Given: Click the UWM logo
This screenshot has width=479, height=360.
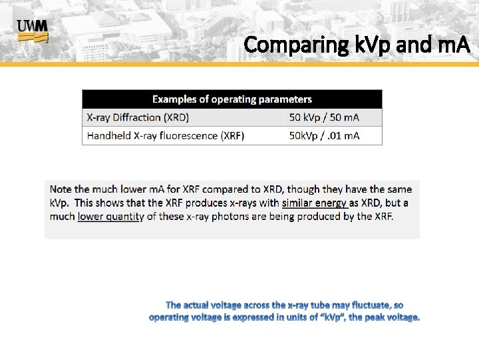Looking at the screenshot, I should pyautogui.click(x=32, y=31).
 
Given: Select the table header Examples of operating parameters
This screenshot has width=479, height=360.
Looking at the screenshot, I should pyautogui.click(x=232, y=99).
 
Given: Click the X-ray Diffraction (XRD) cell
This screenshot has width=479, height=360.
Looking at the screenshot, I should pyautogui.click(x=138, y=117).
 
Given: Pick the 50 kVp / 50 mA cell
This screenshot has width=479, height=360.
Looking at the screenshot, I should pyautogui.click(x=324, y=117).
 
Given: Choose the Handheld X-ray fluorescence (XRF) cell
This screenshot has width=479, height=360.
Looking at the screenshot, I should pyautogui.click(x=166, y=135).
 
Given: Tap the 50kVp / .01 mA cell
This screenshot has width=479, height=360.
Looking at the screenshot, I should pyautogui.click(x=324, y=135).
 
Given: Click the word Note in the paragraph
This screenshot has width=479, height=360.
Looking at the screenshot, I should pyautogui.click(x=61, y=189).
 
